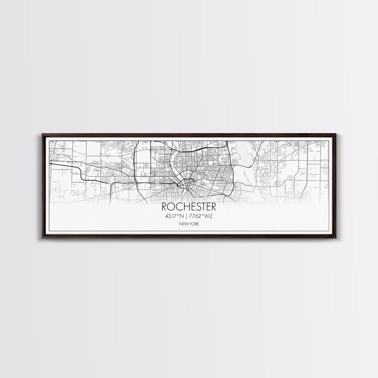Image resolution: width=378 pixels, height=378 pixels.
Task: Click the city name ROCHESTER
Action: coord(189,207)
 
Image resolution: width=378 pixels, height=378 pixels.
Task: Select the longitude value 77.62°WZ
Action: coord(201,216)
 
